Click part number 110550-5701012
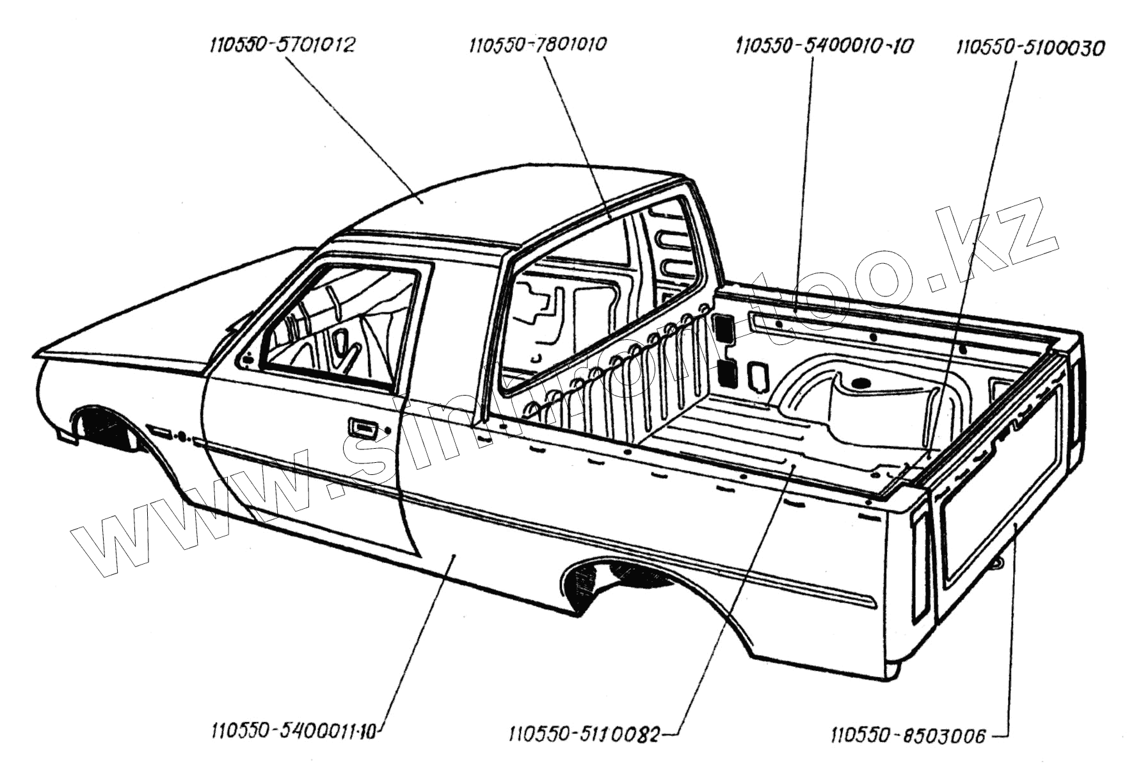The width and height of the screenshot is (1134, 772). [x=282, y=45]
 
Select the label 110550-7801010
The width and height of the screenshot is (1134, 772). [x=538, y=45]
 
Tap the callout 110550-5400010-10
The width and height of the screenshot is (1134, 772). [x=824, y=46]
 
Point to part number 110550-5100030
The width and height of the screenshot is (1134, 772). [x=1030, y=48]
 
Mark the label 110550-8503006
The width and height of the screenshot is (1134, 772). [x=908, y=736]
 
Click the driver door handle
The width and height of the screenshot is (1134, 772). [x=362, y=428]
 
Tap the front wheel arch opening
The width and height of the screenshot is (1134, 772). [x=106, y=429]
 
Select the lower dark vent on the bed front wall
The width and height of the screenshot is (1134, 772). [x=726, y=373]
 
